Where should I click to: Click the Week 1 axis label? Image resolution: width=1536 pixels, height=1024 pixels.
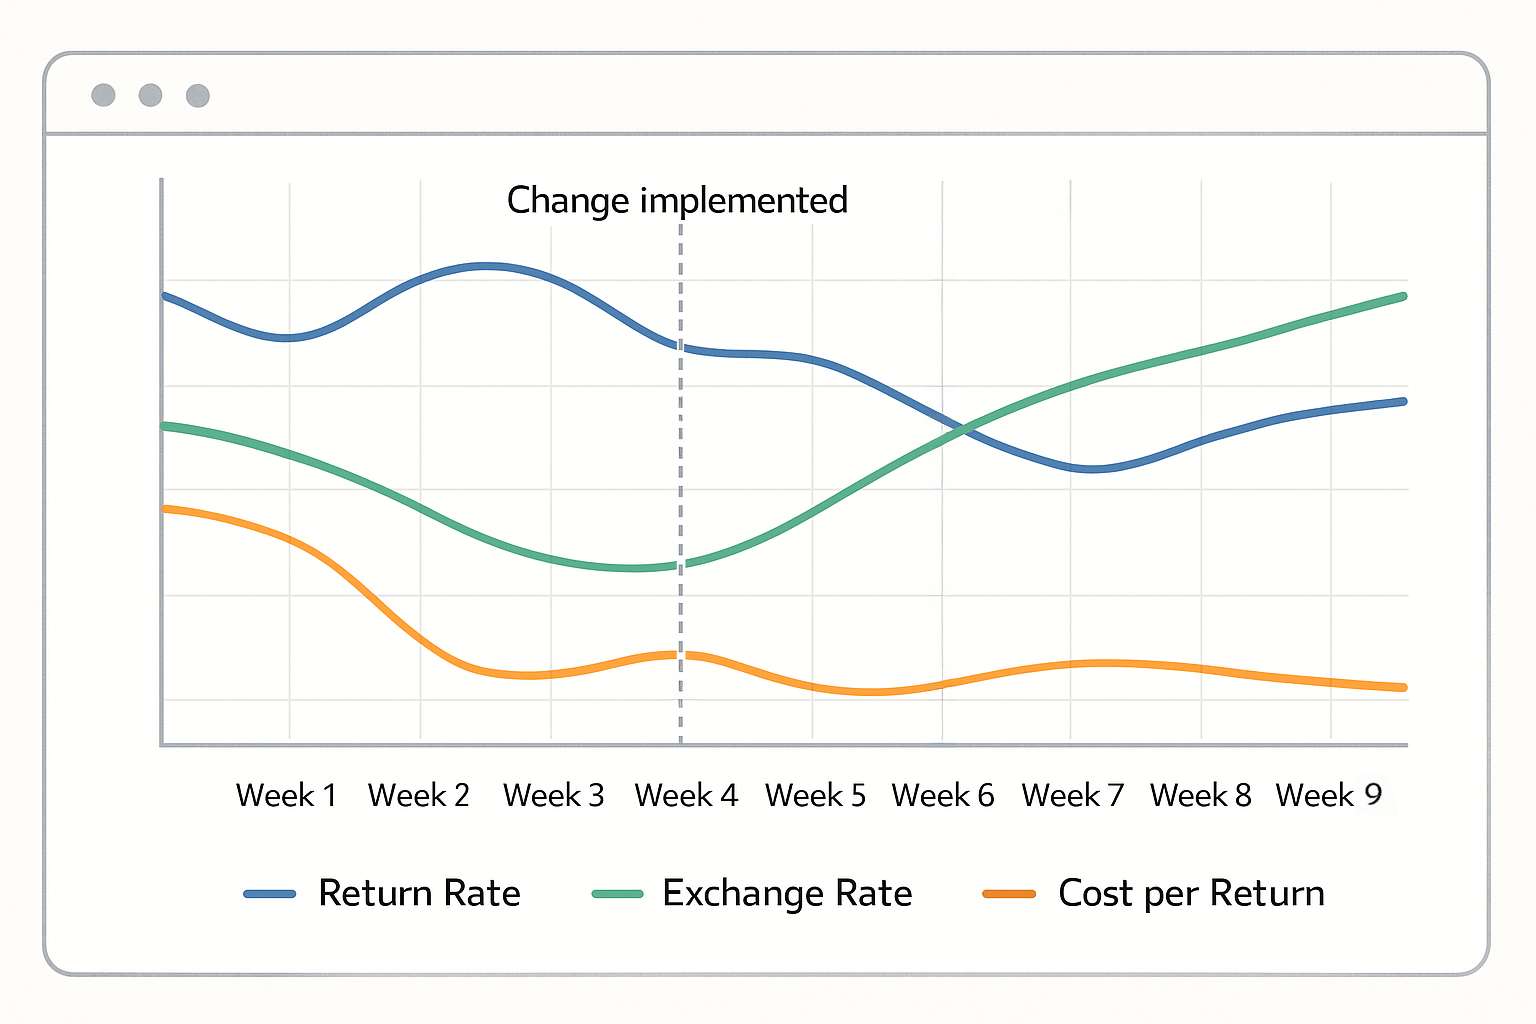pos(286,796)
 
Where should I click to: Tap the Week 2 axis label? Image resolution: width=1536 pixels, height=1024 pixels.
pos(418,796)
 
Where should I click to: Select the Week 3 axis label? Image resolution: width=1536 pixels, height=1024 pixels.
pos(553,796)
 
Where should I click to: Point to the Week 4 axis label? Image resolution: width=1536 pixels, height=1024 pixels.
pos(686,796)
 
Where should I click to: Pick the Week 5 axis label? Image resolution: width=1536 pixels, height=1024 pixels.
pos(815,796)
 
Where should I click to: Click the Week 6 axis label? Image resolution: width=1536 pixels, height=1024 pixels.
pos(943,796)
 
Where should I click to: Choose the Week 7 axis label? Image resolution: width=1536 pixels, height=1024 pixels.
pos(1073,796)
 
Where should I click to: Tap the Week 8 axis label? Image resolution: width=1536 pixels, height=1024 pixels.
pos(1200,796)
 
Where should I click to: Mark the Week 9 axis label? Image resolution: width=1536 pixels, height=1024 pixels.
pos(1329,796)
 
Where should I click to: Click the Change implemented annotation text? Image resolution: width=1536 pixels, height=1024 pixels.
pos(677,201)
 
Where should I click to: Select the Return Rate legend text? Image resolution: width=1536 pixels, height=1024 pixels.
pos(419,893)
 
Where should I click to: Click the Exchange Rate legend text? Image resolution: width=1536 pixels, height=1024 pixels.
pos(787,893)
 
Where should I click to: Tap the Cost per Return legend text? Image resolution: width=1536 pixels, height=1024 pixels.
pos(1191,893)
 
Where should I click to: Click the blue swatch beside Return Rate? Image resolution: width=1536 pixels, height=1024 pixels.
pos(270,894)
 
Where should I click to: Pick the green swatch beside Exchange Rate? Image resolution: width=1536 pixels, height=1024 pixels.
pos(617,894)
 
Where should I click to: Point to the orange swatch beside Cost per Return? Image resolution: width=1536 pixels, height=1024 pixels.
pos(1009,894)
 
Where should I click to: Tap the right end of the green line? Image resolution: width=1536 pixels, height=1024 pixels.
pos(1404,296)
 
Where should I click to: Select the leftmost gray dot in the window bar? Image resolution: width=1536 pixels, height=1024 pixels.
pos(103,95)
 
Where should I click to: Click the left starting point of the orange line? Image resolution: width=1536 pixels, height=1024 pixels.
pos(165,509)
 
